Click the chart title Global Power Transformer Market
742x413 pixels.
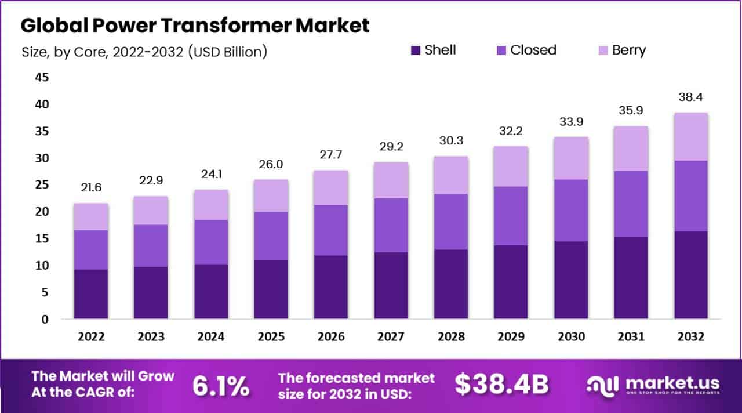195,26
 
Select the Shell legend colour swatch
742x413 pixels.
416,50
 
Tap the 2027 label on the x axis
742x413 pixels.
391,337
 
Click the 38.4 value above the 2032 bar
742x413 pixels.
690,97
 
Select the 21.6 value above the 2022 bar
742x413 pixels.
91,189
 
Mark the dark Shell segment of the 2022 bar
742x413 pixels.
91,294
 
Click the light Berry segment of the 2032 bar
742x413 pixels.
690,136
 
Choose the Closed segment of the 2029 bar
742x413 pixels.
511,216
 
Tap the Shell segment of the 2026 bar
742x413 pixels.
331,287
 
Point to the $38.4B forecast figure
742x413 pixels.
501,384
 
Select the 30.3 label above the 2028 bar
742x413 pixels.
451,141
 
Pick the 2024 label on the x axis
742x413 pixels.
211,337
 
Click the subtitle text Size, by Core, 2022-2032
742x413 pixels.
144,52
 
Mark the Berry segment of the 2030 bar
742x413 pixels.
571,158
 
